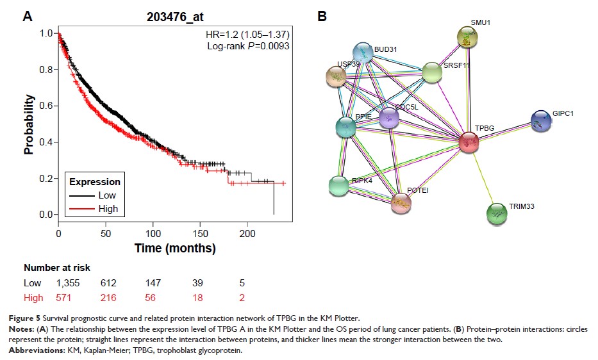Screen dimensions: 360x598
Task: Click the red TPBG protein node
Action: tap(469, 142)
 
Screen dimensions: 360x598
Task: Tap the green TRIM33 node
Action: tap(497, 214)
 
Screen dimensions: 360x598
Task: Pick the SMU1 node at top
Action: tap(468, 38)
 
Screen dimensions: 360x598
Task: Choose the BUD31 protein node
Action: tap(363, 54)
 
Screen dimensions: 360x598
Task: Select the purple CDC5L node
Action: tap(389, 118)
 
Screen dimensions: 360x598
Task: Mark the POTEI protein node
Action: tap(401, 202)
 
